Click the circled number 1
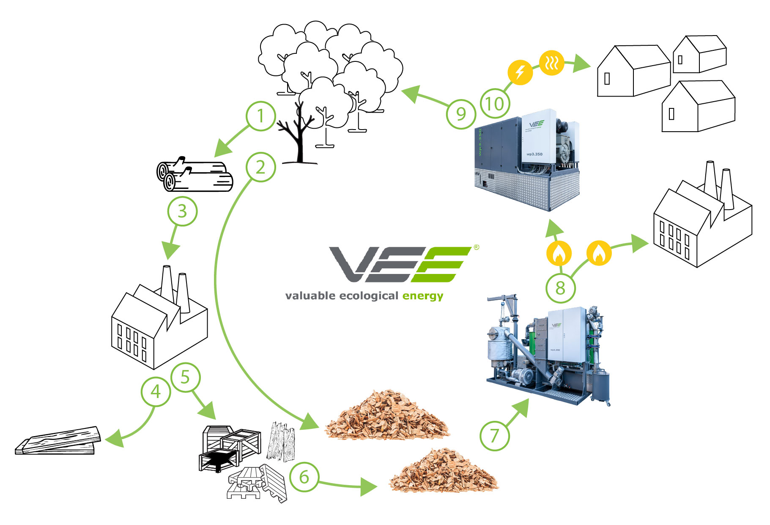click(260, 116)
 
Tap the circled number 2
click(260, 167)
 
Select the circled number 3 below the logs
click(182, 211)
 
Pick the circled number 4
click(156, 392)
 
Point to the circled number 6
click(304, 477)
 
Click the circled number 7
click(494, 436)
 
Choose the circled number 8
click(560, 288)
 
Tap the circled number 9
click(461, 113)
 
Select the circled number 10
click(495, 103)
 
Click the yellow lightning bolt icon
click(520, 72)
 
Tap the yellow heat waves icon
click(551, 63)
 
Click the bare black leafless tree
click(299, 135)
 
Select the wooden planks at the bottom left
click(58, 441)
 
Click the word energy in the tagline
click(422, 296)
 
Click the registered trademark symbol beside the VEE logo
click(477, 247)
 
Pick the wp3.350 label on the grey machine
click(534, 154)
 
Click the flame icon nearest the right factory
click(599, 253)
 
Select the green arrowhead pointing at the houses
click(583, 64)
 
